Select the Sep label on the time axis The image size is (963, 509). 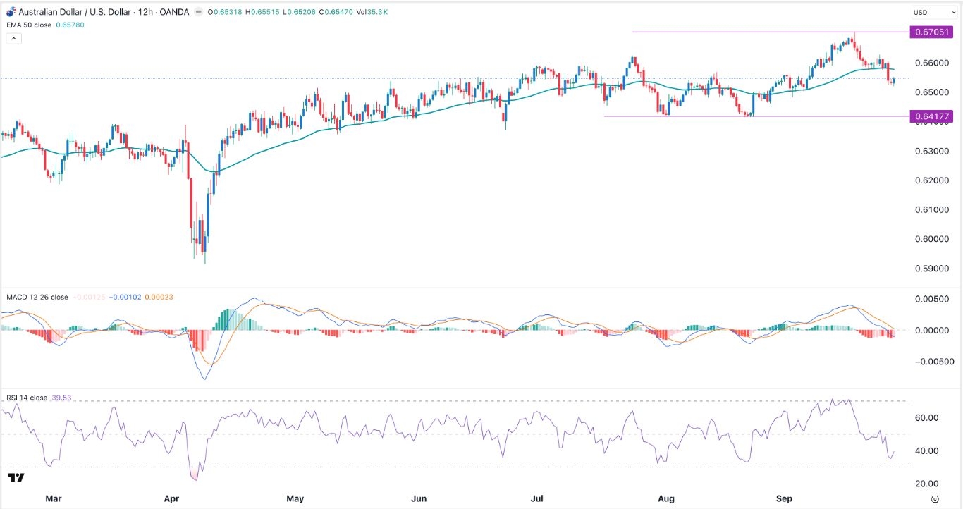785,498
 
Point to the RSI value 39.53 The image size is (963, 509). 63,398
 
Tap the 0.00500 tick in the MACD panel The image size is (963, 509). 931,300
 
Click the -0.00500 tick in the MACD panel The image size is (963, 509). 930,362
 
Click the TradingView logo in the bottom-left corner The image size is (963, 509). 16,479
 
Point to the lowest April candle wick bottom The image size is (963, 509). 205,264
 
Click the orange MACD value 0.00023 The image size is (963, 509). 159,297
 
